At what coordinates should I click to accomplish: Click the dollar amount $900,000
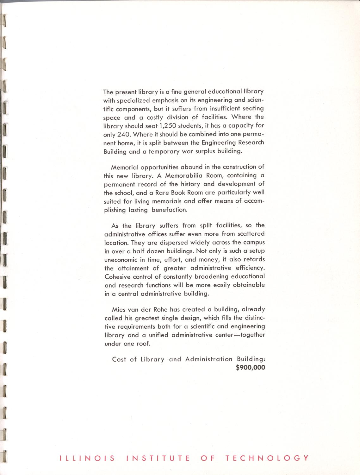pos(251,368)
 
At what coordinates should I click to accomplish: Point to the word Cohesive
pos(117,276)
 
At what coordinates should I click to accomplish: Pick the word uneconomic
pos(121,260)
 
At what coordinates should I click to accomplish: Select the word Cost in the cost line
pos(119,359)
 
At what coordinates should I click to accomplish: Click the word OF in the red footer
pos(208,458)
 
